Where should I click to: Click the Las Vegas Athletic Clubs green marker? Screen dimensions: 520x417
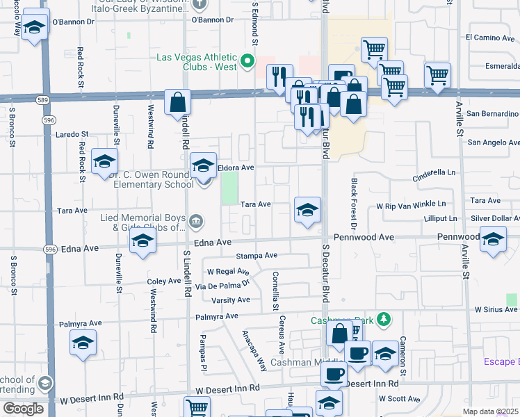[246, 63]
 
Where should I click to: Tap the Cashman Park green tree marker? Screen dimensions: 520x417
[382, 320]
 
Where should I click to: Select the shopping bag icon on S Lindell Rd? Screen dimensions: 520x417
[178, 102]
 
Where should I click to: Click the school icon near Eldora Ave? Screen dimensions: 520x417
[203, 165]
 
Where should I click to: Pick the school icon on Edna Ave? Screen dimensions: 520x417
[142, 243]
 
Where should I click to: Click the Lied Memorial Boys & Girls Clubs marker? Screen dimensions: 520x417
[197, 222]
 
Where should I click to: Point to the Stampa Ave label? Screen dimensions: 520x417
[257, 256]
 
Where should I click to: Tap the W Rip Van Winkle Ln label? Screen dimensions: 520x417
[410, 206]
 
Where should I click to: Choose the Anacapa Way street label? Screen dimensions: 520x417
[254, 350]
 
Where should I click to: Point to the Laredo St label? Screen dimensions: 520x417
[72, 133]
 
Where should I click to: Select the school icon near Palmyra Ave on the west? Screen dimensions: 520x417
[83, 343]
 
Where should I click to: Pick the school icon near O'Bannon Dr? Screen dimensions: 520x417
[34, 27]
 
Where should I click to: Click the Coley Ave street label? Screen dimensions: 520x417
[164, 281]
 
